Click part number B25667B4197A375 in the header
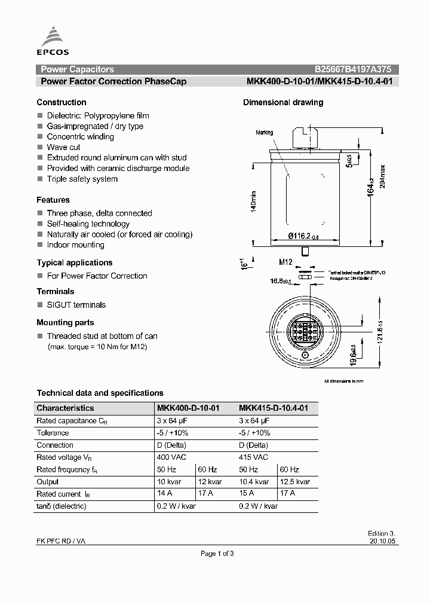(x=353, y=69)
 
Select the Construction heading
(x=62, y=102)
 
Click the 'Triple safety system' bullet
(x=82, y=179)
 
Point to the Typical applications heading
(x=75, y=262)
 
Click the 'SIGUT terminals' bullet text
(x=76, y=305)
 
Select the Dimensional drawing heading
(x=283, y=102)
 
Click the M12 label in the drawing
(x=285, y=261)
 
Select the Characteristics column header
(x=65, y=408)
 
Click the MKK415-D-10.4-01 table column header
(x=274, y=408)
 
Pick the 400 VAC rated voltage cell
(x=171, y=457)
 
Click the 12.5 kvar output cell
(x=295, y=482)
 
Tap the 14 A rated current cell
(x=164, y=494)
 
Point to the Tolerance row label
(x=53, y=433)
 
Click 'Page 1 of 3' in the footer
(x=217, y=554)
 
